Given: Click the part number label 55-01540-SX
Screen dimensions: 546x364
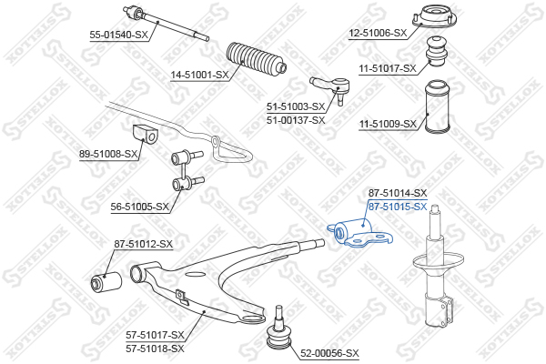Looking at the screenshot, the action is [119, 35].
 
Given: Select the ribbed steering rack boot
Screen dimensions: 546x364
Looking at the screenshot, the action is [257, 59].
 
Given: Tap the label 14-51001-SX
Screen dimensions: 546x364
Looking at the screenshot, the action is [199, 75].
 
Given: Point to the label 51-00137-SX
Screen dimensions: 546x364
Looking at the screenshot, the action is [296, 120].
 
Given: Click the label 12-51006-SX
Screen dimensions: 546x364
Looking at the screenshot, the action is [378, 33].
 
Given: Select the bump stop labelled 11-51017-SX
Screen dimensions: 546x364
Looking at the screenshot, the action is [437, 51].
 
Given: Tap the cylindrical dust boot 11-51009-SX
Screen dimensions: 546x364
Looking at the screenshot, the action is [438, 106].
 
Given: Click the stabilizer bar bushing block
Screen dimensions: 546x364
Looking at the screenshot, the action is [146, 134].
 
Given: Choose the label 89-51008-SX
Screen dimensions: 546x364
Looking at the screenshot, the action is [108, 154].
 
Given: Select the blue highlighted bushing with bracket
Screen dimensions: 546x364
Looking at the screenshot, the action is [359, 233].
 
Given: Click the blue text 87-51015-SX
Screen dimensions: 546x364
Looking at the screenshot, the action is [398, 207].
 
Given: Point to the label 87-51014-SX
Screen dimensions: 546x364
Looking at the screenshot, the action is [398, 193].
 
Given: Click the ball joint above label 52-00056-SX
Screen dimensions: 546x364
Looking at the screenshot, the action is [278, 328].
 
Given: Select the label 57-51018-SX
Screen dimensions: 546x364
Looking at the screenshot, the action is [155, 349].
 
